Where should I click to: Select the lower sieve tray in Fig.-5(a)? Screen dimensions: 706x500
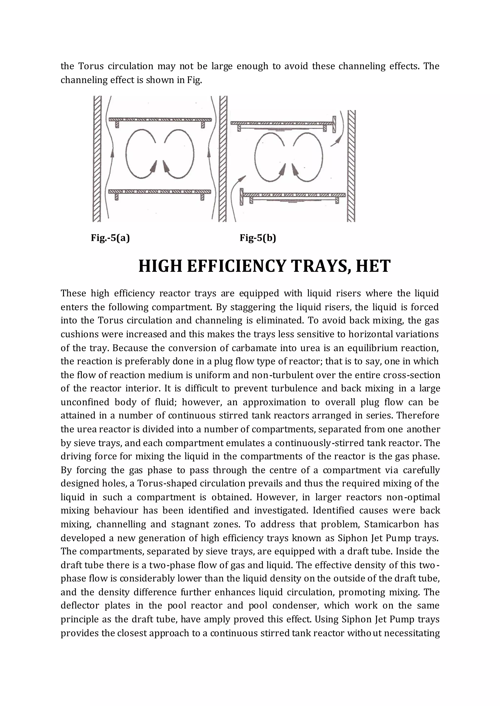click(x=160, y=192)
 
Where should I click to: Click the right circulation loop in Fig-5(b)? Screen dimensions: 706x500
click(x=308, y=157)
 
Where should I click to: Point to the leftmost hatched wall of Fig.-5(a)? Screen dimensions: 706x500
click(x=97, y=159)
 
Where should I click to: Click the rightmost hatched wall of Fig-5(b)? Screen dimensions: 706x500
click(x=351, y=166)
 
